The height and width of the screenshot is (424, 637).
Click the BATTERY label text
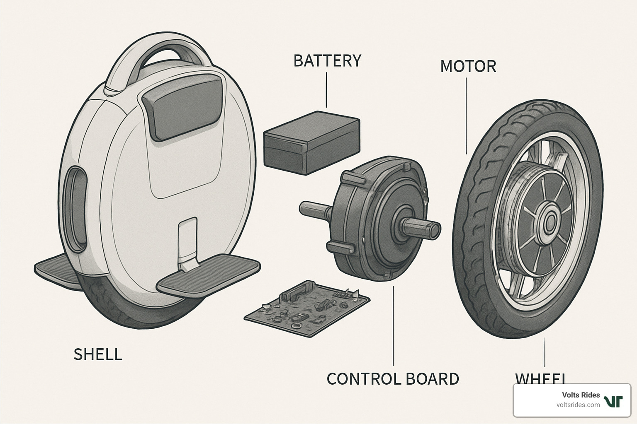coord(327,61)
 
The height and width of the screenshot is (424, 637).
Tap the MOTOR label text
coord(468,67)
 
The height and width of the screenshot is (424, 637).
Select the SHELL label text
coord(98,354)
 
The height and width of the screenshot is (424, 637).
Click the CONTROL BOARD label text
coord(392,379)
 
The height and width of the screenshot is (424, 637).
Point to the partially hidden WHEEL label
coord(540,378)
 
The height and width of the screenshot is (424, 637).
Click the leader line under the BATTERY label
coord(326,90)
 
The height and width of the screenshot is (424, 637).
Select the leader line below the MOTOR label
coord(467,116)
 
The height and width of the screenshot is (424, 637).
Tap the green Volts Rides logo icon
coord(613,401)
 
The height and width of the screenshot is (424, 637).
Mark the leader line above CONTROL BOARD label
coord(393,327)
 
